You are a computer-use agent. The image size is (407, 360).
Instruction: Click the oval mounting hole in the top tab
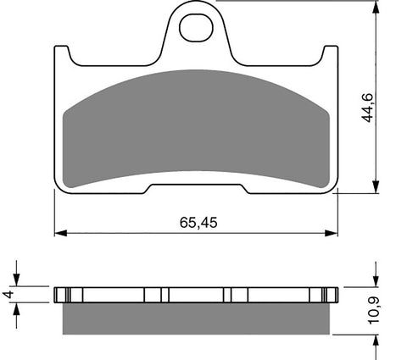tap(196, 26)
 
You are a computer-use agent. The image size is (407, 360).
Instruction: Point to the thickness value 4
tap(8, 295)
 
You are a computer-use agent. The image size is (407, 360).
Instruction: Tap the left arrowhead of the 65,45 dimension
tap(60, 233)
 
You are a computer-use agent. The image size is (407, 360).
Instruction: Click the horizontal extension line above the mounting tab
tap(297, 2)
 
